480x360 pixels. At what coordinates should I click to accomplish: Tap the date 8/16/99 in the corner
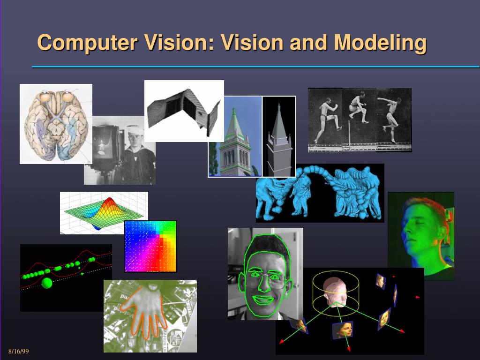[18, 352]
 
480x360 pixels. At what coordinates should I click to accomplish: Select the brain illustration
[56, 124]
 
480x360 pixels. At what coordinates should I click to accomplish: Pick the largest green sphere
[47, 283]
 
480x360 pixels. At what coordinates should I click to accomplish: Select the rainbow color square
[150, 246]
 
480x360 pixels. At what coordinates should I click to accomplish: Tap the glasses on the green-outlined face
[264, 280]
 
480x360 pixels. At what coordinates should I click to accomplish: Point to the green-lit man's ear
[438, 230]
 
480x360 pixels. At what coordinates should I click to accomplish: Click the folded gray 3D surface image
[184, 111]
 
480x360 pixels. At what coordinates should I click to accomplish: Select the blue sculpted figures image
[320, 193]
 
